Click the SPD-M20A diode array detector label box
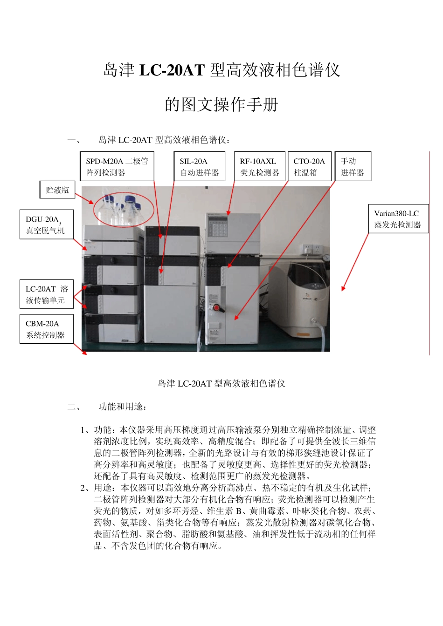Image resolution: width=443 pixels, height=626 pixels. [x=117, y=167]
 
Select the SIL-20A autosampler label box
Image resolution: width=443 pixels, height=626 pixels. [x=199, y=167]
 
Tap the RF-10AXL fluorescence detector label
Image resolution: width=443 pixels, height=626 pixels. [x=259, y=167]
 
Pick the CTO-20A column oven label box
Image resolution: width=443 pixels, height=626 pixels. [x=309, y=167]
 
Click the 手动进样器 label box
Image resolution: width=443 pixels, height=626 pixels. [x=353, y=167]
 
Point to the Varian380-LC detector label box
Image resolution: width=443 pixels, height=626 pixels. [x=398, y=219]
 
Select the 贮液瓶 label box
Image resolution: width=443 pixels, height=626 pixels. [x=57, y=190]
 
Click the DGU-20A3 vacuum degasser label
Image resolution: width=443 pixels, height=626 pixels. [x=46, y=225]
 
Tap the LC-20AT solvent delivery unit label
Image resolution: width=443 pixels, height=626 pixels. [x=46, y=294]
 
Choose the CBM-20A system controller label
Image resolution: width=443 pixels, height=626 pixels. [x=46, y=329]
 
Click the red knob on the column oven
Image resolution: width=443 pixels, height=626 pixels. [x=216, y=307]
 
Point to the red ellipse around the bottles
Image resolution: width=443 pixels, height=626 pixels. [x=124, y=210]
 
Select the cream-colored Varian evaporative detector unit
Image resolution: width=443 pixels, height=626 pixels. [x=305, y=298]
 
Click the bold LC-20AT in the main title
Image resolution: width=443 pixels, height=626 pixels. [x=172, y=70]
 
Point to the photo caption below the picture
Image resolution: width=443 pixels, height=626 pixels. [x=221, y=384]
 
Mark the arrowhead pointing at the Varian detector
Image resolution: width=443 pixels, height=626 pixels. [x=343, y=289]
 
